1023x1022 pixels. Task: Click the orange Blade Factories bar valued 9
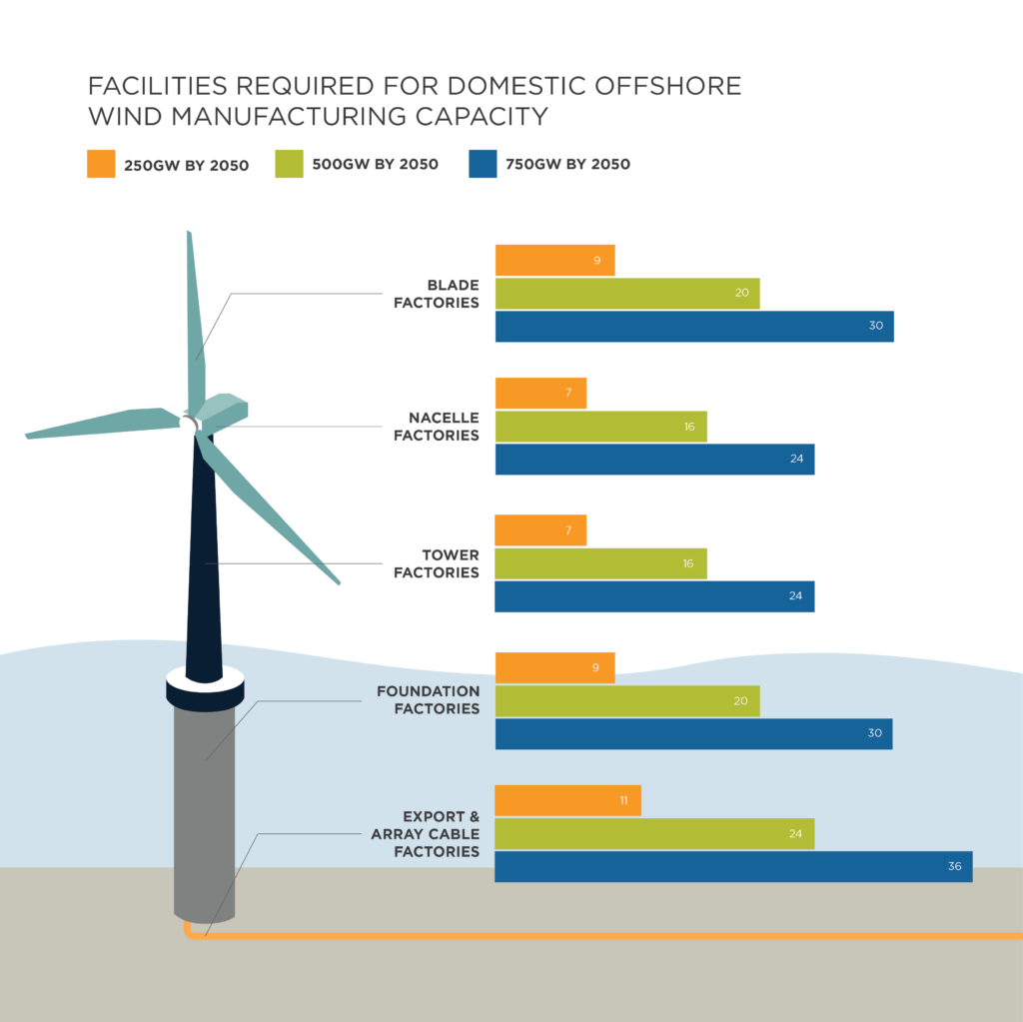tap(554, 261)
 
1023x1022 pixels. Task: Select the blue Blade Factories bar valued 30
tap(693, 327)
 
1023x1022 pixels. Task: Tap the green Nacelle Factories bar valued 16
tap(600, 427)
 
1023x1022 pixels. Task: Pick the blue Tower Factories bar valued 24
tap(654, 596)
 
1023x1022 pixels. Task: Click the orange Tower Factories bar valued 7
tap(540, 530)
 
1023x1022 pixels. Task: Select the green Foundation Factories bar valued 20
tap(627, 701)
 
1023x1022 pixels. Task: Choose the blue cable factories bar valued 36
tap(732, 866)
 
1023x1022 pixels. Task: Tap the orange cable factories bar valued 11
tap(567, 800)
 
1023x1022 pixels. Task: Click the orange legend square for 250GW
tap(101, 164)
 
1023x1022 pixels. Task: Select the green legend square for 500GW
tap(289, 164)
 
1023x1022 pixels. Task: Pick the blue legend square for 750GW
tap(483, 164)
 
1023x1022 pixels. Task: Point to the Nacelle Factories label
tap(437, 427)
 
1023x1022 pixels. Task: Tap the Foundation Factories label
tap(428, 699)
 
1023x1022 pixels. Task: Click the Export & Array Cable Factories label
tap(422, 834)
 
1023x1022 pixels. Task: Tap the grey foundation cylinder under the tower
tap(204, 809)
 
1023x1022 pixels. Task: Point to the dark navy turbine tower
tap(203, 569)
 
